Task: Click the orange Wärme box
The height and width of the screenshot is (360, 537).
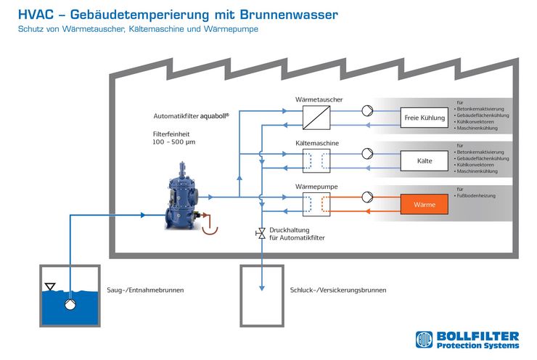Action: click(425, 204)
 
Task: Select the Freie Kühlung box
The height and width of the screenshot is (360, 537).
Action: click(425, 118)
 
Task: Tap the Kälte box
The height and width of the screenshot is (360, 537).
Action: click(425, 160)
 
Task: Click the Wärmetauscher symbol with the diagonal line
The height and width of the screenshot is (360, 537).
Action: click(316, 118)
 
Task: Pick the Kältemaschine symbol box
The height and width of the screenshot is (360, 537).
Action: click(316, 160)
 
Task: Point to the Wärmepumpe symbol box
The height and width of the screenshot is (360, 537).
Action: click(316, 204)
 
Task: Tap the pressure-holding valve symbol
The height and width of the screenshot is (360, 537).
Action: click(261, 233)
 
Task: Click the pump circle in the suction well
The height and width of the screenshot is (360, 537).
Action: click(70, 304)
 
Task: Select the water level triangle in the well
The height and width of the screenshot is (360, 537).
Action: click(50, 287)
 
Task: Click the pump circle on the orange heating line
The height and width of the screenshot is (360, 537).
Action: click(367, 197)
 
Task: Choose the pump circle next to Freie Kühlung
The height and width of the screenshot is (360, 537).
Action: click(367, 110)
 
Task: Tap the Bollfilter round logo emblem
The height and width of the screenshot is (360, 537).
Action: click(425, 340)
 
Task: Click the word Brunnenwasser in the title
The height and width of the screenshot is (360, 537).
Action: click(289, 15)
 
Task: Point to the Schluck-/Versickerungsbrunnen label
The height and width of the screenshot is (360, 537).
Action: click(338, 290)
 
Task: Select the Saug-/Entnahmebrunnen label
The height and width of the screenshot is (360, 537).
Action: click(145, 290)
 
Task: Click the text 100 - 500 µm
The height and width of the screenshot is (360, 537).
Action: click(174, 142)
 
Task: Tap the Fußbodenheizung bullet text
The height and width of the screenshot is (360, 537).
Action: click(476, 196)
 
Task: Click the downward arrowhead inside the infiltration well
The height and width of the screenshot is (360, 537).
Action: click(262, 287)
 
